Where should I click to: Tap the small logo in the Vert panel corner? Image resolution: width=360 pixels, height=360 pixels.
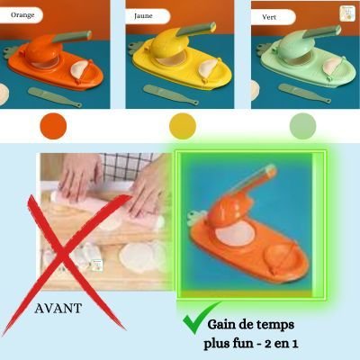click(x=344, y=13)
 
